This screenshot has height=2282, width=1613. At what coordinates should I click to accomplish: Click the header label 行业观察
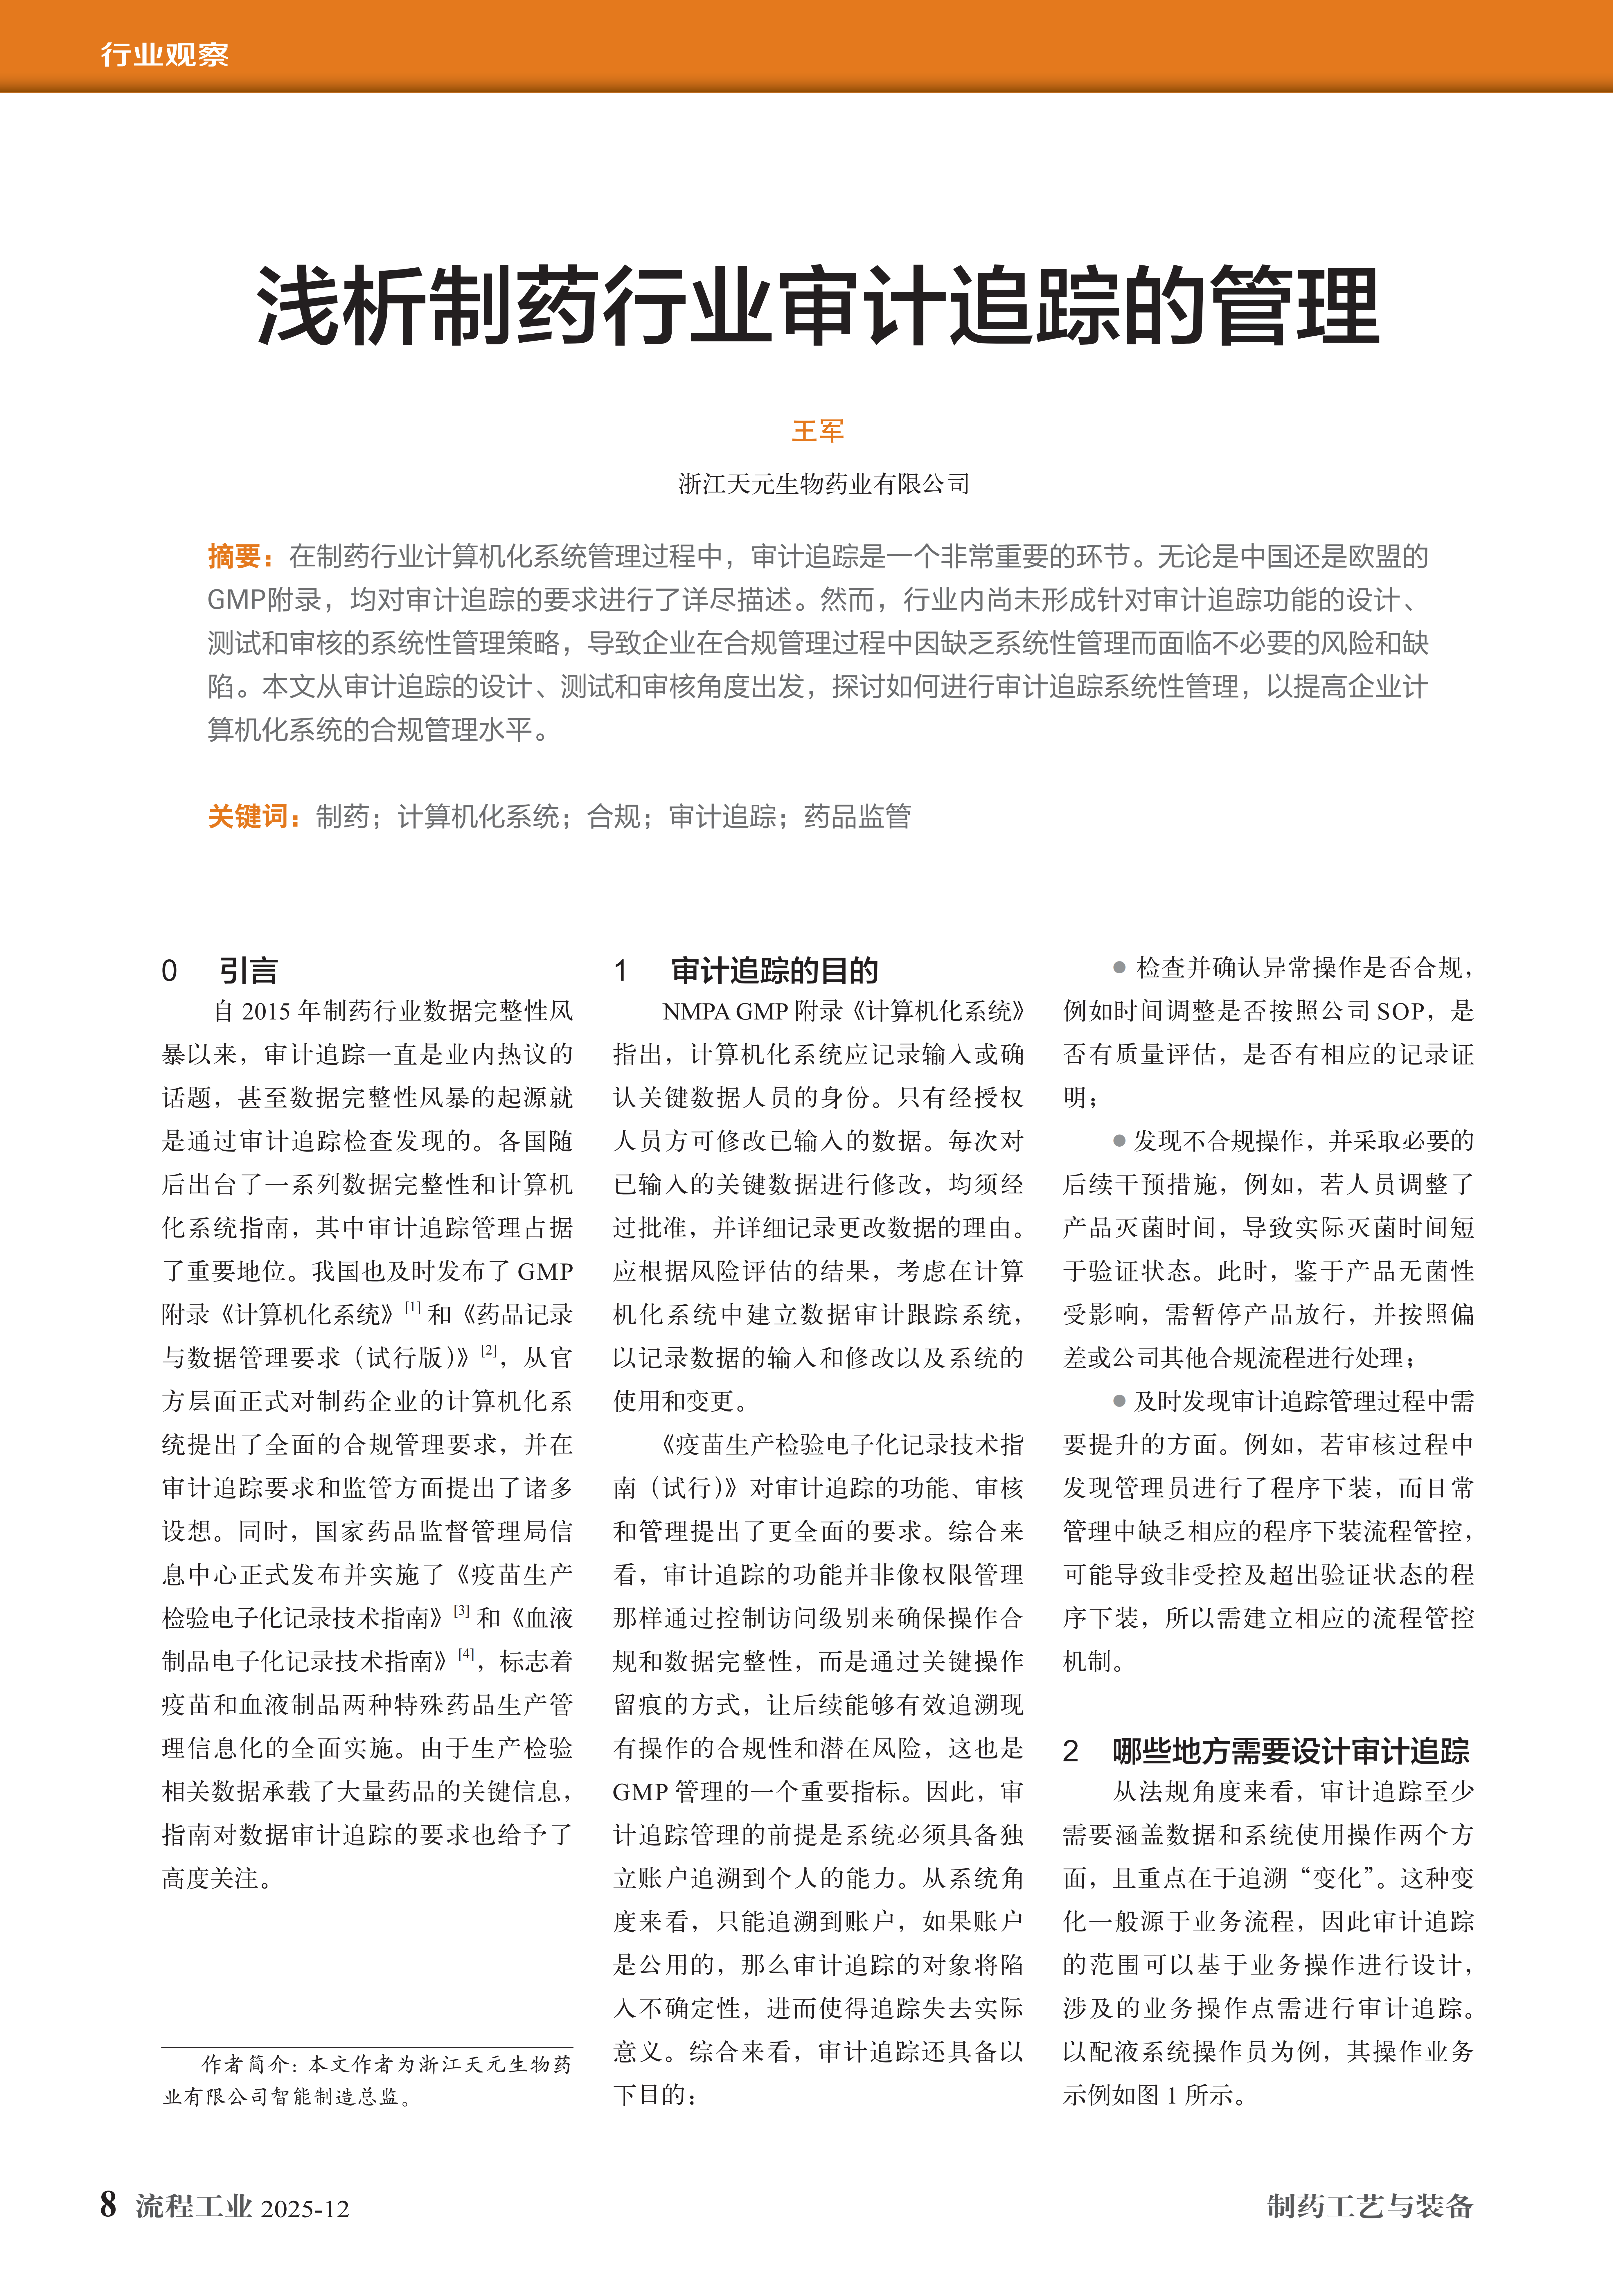click(164, 54)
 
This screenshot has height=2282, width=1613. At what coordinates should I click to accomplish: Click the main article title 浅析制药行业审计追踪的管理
click(817, 305)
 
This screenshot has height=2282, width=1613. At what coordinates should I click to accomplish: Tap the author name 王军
click(817, 431)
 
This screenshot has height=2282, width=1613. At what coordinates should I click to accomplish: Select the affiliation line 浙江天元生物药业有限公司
click(823, 484)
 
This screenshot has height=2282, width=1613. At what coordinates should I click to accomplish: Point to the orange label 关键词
click(249, 817)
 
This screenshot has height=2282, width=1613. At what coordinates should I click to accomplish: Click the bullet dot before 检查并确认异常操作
click(1119, 967)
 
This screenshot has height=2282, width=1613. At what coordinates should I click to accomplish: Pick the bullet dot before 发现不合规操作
click(1119, 1141)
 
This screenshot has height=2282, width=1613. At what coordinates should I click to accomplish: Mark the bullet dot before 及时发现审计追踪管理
click(1119, 1401)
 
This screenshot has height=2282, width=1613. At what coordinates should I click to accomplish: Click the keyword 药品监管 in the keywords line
click(857, 817)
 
